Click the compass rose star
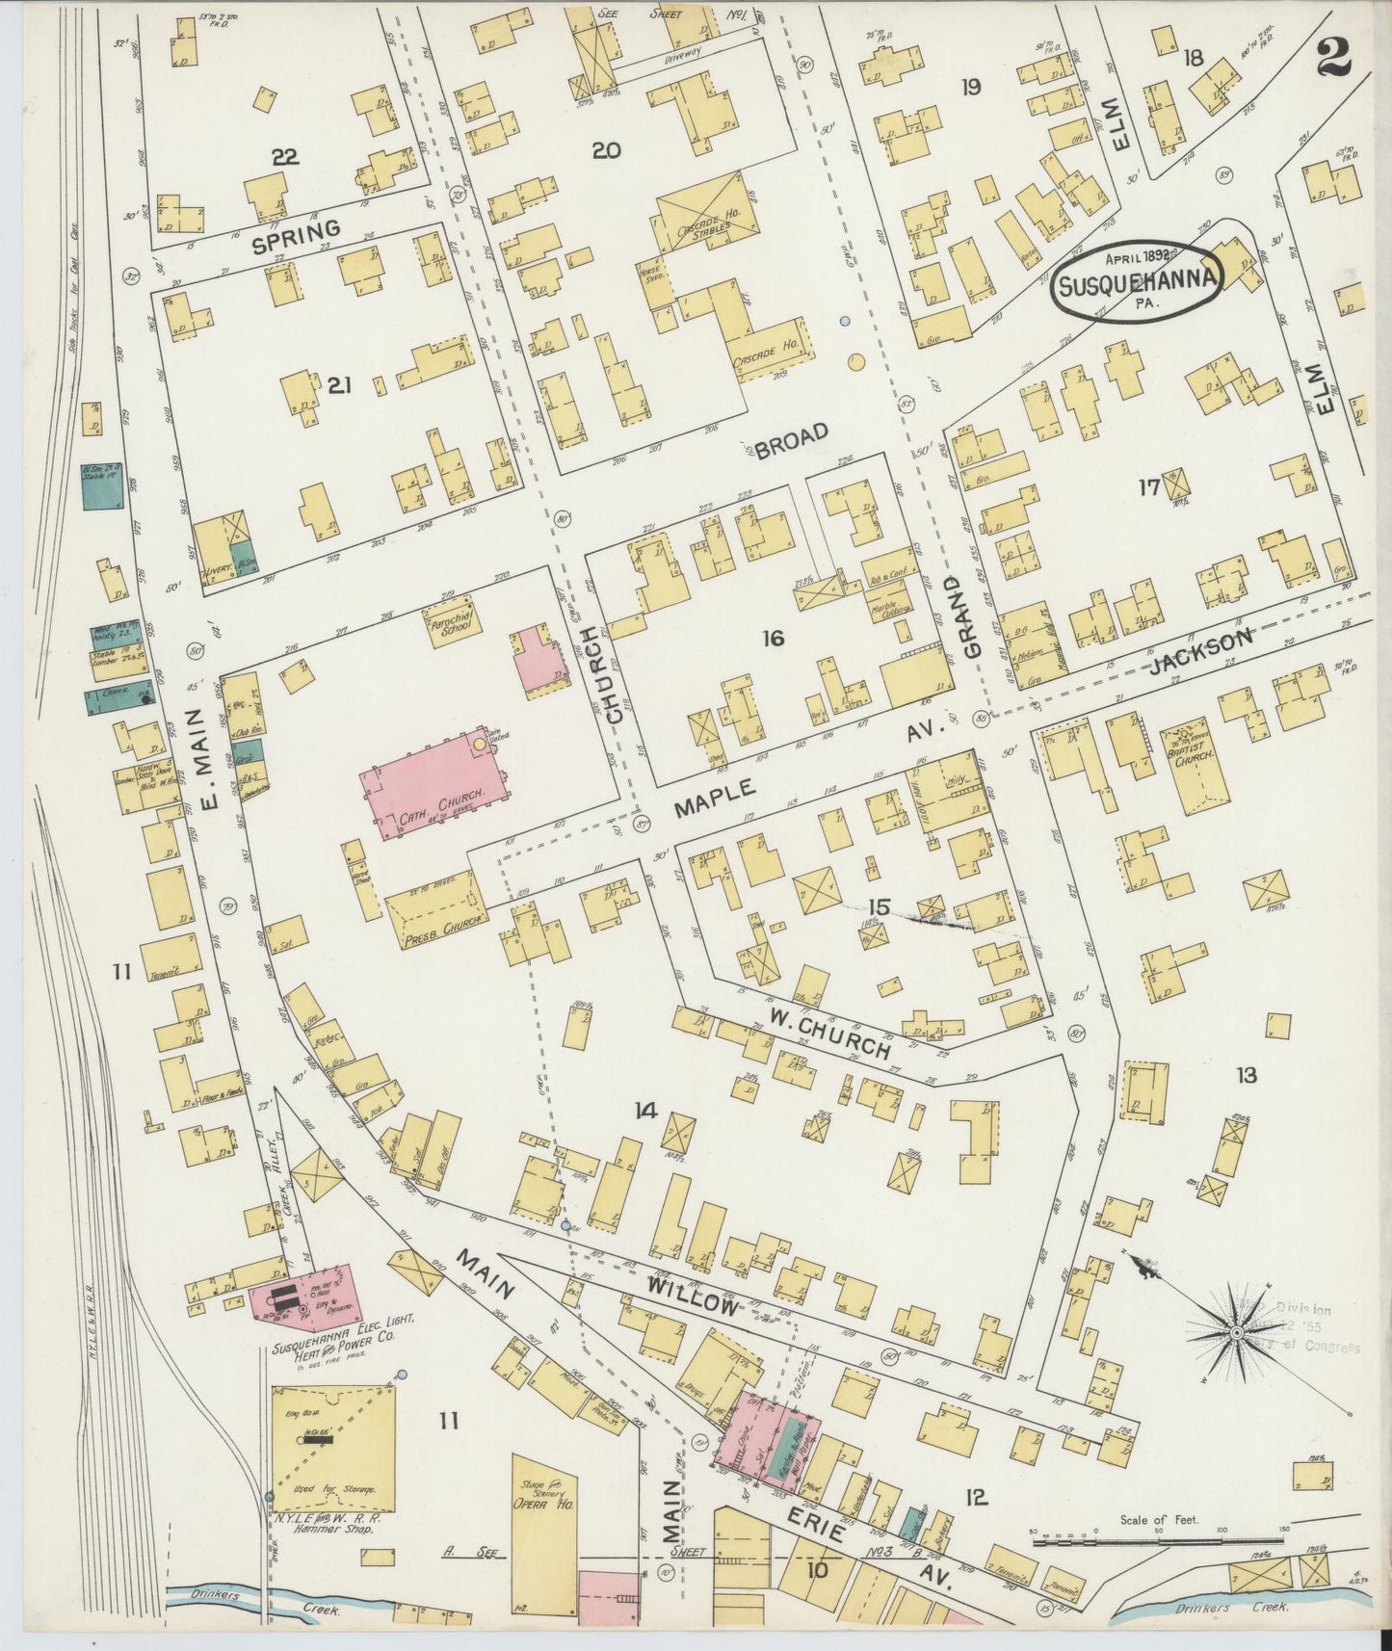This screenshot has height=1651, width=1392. [1236, 1333]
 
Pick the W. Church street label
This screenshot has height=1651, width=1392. [828, 1033]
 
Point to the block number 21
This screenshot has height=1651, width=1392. [339, 385]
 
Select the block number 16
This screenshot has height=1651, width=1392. [772, 638]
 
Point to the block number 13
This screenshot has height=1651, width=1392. [1246, 1075]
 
